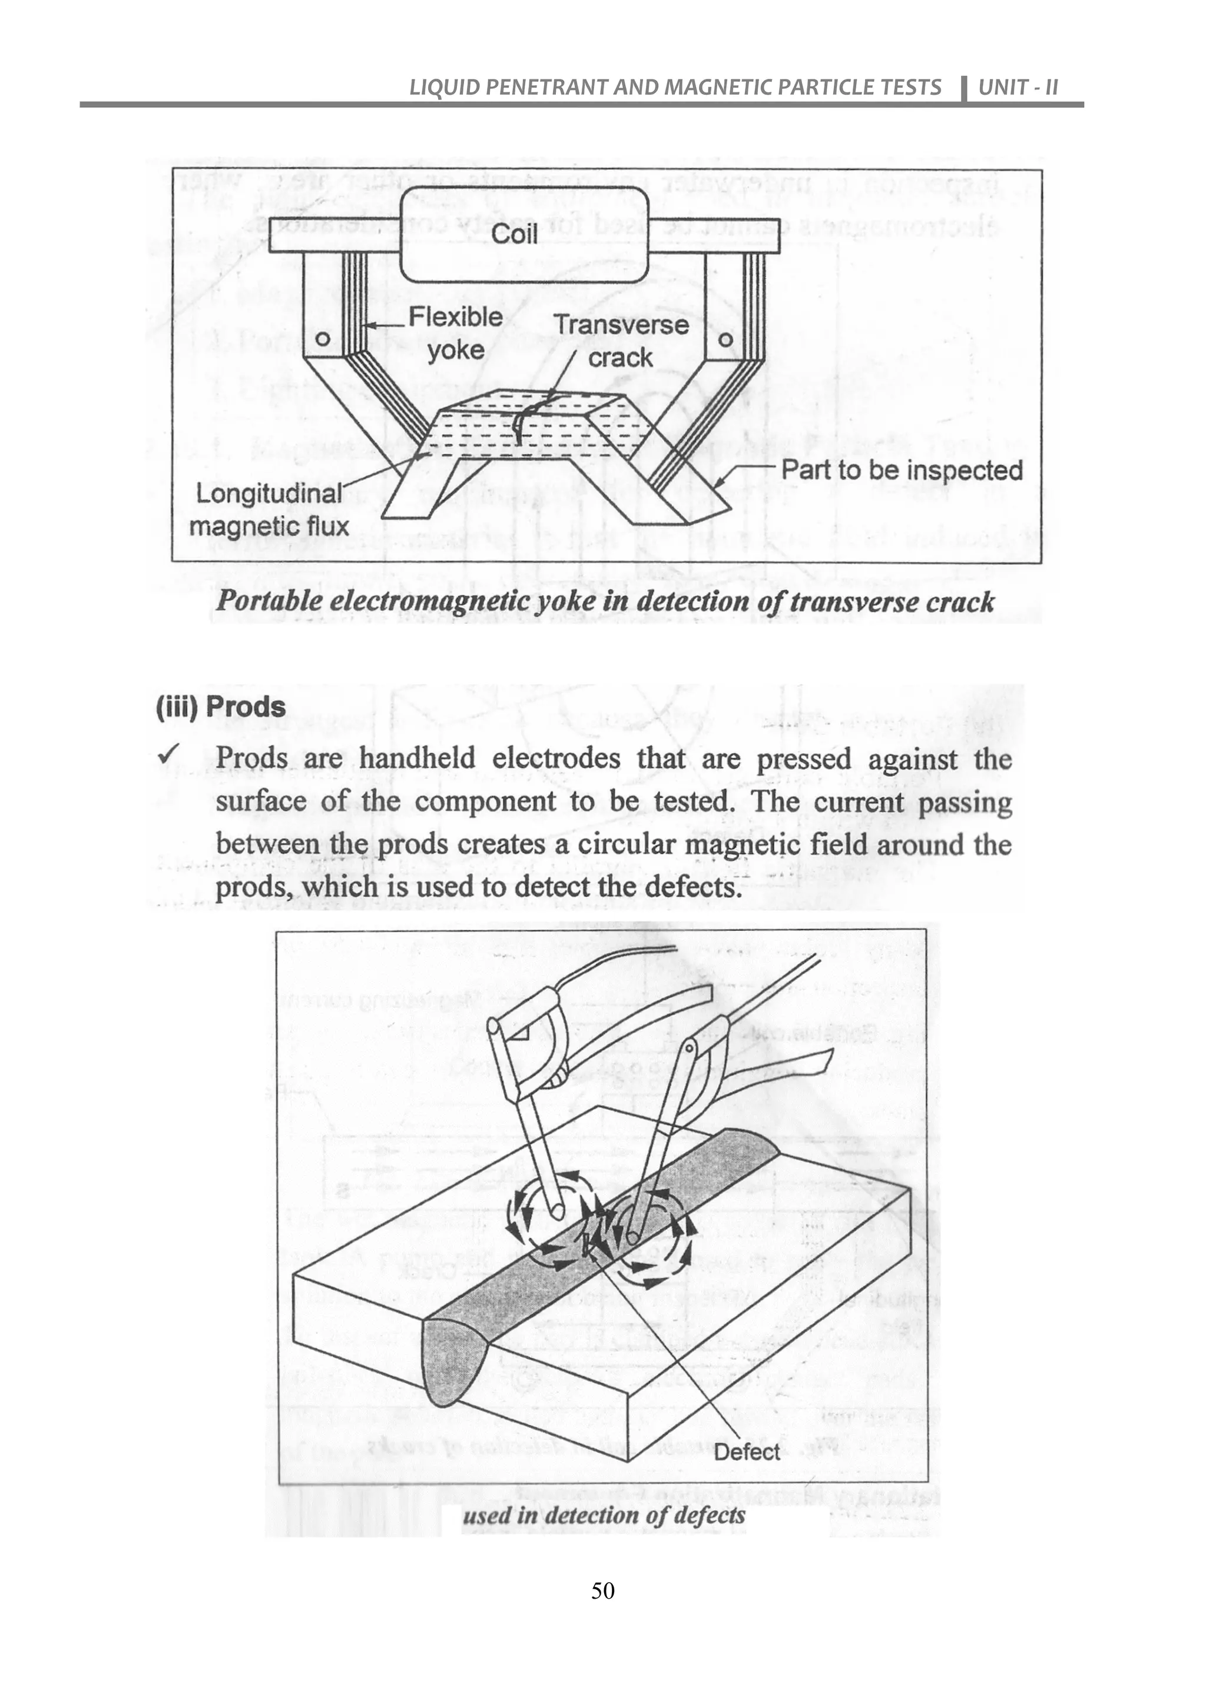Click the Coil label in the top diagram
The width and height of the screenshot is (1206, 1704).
pos(515,235)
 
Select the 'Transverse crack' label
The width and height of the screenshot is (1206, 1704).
pos(621,341)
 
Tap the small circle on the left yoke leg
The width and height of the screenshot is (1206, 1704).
pos(322,338)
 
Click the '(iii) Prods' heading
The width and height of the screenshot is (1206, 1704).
pos(221,707)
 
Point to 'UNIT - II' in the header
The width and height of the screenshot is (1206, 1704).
pos(1018,88)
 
